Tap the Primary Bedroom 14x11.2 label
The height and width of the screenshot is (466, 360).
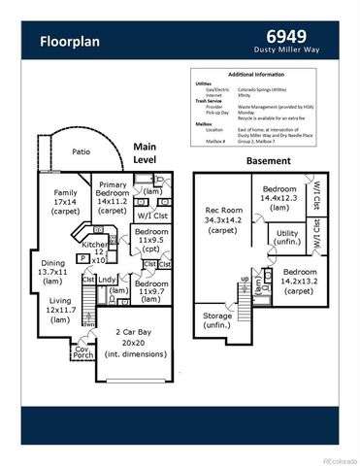113,199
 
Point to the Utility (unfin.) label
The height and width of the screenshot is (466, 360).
287,239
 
